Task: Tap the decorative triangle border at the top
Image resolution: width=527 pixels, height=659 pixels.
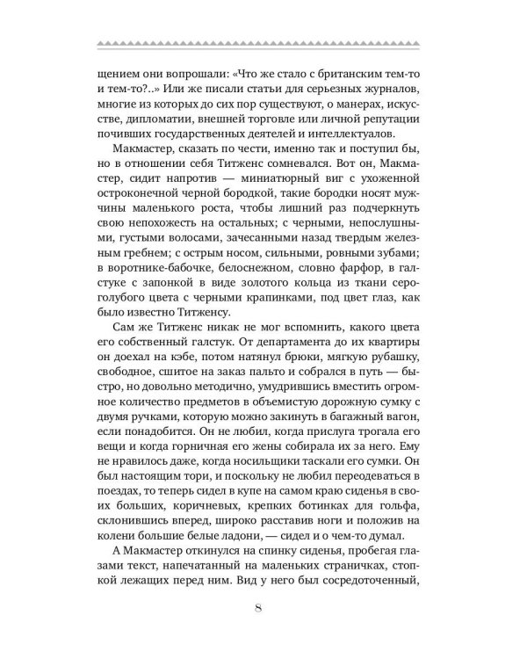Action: [263, 42]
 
